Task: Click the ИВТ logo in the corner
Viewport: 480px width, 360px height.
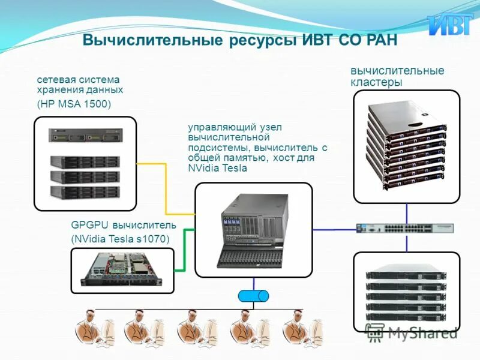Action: (449, 25)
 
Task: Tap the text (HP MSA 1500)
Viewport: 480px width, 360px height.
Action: (74, 103)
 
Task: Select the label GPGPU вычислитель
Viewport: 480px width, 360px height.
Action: (124, 225)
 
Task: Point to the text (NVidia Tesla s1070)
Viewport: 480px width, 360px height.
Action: (120, 239)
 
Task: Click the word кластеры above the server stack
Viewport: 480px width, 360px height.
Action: (376, 83)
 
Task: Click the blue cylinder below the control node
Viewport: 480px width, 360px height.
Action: (253, 296)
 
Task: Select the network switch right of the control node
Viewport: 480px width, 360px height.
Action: (405, 228)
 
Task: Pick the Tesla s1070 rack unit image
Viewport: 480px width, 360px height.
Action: (122, 270)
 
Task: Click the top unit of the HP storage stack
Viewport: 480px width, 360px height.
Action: (85, 136)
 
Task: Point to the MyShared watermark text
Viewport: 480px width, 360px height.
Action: (420, 332)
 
